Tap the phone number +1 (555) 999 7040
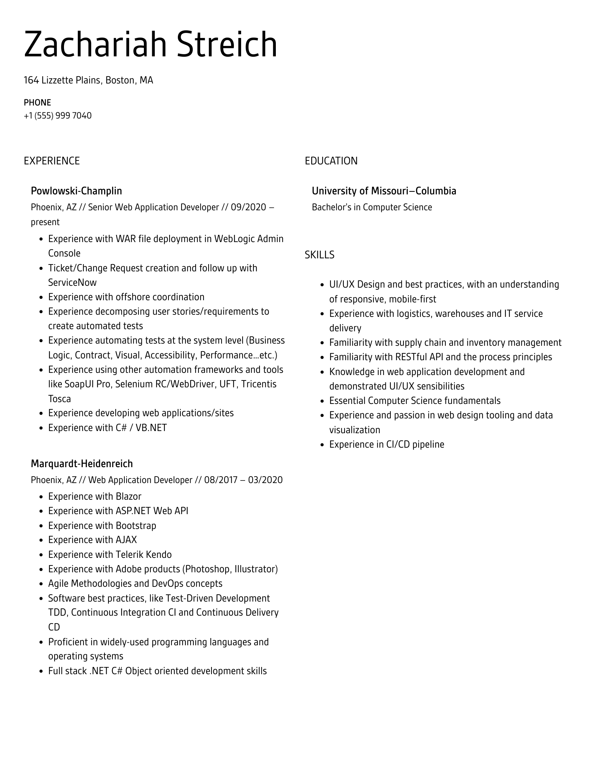click(57, 116)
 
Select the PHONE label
click(37, 103)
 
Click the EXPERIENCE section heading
click(52, 161)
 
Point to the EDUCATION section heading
click(331, 161)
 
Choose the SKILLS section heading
click(319, 255)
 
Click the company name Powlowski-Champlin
click(76, 191)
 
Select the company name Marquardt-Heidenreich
click(82, 464)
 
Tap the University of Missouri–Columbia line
click(384, 191)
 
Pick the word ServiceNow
click(72, 283)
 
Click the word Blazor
click(128, 496)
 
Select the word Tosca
click(59, 399)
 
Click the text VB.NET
click(151, 428)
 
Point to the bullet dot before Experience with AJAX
click(41, 540)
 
